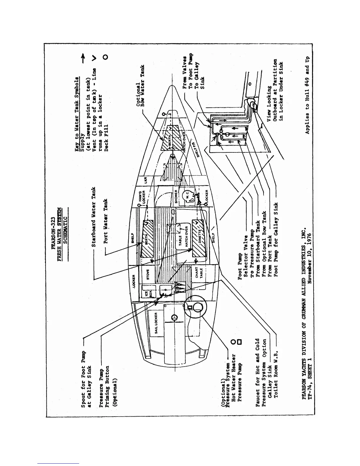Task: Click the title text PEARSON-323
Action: (53, 233)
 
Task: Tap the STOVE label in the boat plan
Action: (148, 274)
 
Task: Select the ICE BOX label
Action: (149, 294)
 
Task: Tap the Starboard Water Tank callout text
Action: (94, 217)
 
